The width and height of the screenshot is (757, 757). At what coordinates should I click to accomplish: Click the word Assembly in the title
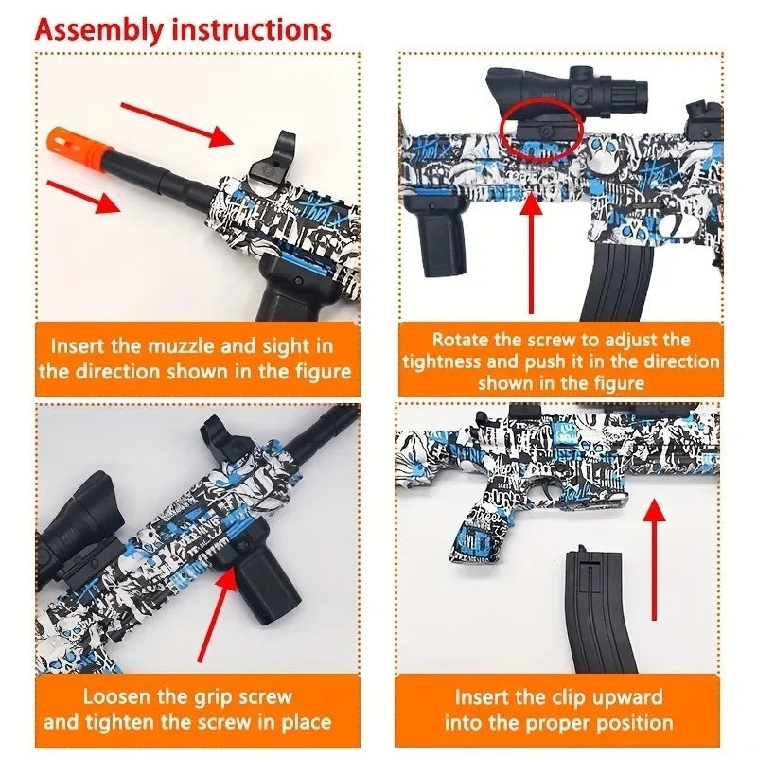[99, 30]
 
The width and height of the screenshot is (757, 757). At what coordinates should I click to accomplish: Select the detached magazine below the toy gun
[602, 610]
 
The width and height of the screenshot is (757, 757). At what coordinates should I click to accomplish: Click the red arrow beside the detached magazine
[654, 559]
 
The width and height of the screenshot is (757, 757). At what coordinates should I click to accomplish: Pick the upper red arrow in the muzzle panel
[178, 124]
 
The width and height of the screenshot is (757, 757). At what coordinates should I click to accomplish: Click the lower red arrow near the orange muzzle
[83, 196]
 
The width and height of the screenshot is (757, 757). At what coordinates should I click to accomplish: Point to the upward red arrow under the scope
[532, 253]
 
